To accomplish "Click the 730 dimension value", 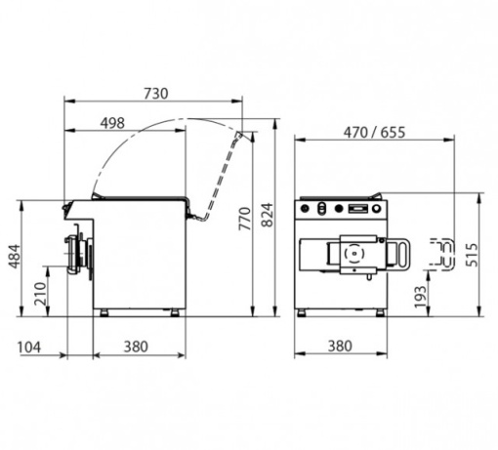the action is click(156, 94).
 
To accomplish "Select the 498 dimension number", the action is click(112, 123).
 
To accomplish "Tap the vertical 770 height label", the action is click(245, 219).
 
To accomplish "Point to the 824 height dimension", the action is click(268, 215).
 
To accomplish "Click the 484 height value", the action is click(15, 257).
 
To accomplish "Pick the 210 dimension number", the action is click(41, 294).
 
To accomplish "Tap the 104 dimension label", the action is click(29, 348).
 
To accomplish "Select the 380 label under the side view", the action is click(136, 347).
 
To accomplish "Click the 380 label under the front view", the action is click(340, 347).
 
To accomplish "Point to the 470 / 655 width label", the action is click(375, 133).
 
